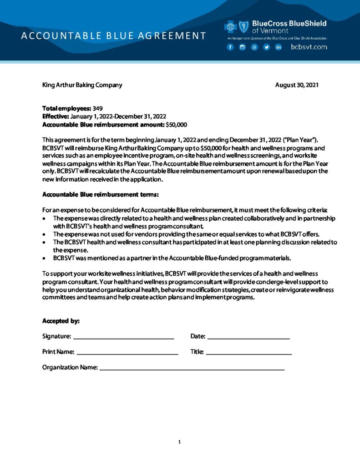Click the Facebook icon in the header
coord(230,47)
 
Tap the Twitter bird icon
coord(266,47)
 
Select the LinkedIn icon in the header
coord(278,47)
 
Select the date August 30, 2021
coord(297,85)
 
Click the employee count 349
coord(98,108)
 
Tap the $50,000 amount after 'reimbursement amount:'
coord(177,124)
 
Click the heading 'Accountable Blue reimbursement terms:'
coord(100,195)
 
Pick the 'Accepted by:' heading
coord(61,321)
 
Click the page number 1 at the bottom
coord(180,441)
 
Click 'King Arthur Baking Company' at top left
coord(82,85)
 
